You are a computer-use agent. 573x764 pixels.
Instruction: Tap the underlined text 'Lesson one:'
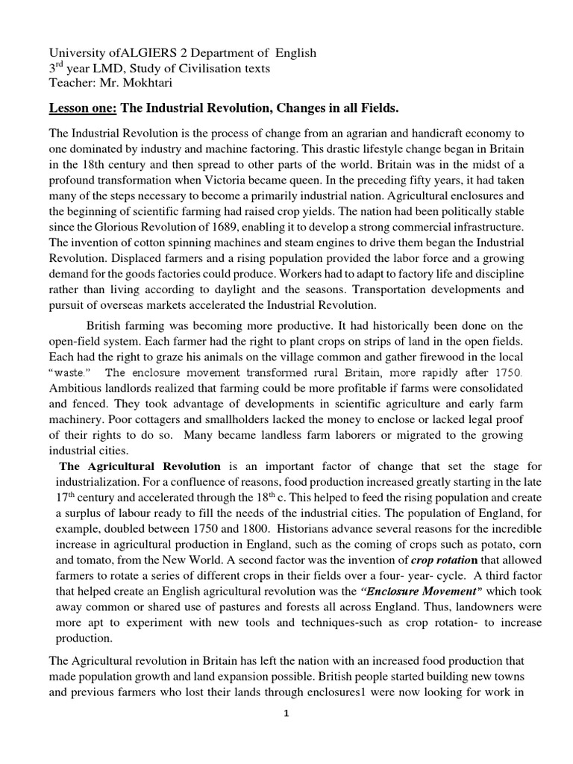click(x=83, y=109)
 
